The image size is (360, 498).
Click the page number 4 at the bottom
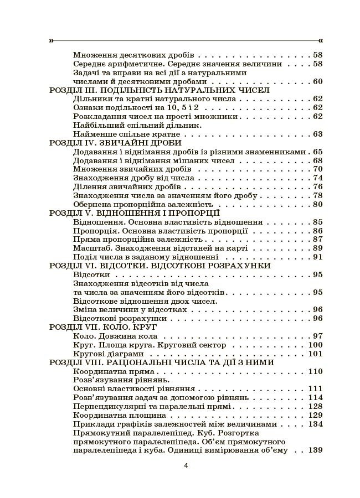tap(186, 465)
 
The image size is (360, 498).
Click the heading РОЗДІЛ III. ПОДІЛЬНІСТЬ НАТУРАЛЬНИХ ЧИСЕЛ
tap(159, 90)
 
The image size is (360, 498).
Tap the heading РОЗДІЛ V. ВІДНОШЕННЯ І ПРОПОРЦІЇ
tap(135, 212)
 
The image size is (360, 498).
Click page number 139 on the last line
tap(316, 450)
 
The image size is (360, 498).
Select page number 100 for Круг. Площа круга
tap(316, 345)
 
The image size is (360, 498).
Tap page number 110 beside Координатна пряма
tap(316, 371)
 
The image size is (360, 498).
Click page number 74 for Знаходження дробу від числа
tap(317, 178)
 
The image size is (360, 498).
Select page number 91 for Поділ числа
tap(317, 256)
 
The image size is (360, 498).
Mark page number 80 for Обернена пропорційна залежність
tap(317, 204)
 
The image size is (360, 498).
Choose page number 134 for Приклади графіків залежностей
tap(316, 423)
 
